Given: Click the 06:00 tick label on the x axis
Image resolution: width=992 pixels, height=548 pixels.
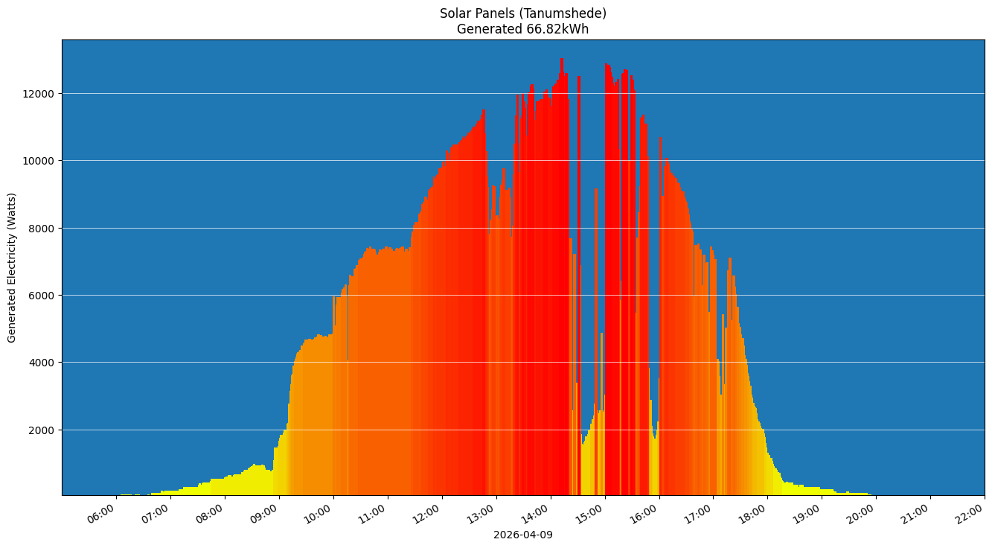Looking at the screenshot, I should coord(102,514).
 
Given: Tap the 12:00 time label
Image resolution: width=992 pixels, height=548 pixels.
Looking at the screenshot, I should coord(428,514).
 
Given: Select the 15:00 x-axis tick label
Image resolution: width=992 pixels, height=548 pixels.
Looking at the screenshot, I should coord(591,514).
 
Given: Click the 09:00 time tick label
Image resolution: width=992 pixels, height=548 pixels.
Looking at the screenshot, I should coord(265,514).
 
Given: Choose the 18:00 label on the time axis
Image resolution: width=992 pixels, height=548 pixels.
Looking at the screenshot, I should coord(754,514).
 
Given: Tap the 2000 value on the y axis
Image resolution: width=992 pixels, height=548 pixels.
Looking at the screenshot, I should coord(43,430).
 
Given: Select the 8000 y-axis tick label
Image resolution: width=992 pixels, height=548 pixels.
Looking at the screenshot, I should coord(43,229).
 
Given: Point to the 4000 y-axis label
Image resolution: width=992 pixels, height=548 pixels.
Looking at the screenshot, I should coord(43,363).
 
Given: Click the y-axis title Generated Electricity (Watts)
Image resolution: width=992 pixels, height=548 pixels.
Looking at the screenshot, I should coord(12,267).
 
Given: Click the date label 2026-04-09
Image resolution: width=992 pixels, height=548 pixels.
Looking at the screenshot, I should coord(522,535).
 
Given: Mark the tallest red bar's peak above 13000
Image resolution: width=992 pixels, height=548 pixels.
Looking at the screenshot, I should coord(562,59).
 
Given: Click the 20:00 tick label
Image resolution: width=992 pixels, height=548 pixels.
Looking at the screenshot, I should coord(863,514).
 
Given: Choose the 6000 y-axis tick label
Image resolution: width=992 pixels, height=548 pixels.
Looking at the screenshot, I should coord(43,296).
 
